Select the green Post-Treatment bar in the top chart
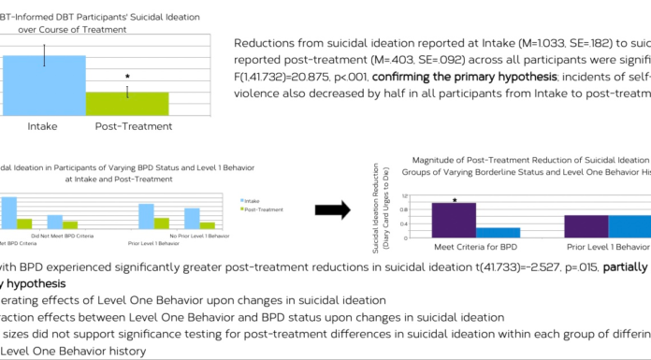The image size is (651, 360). (127, 104)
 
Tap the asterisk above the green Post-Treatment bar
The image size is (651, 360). (127, 77)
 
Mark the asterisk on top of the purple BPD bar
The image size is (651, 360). (455, 199)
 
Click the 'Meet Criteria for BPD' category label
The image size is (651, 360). (474, 249)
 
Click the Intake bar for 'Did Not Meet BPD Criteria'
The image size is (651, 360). (55, 222)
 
